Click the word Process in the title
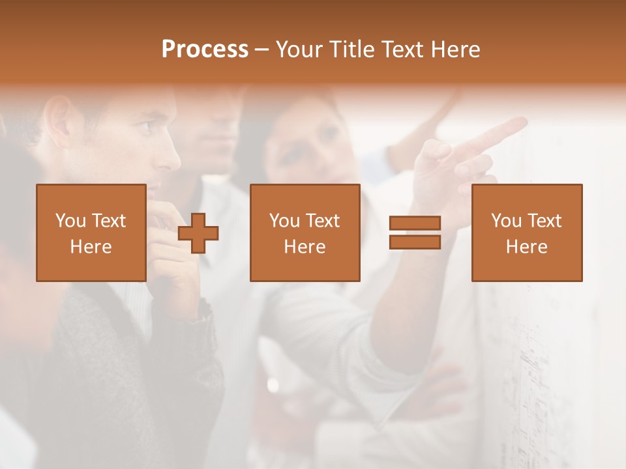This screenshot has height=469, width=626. (x=205, y=50)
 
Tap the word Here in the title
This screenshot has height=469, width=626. (x=454, y=50)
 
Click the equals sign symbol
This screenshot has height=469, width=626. (x=415, y=233)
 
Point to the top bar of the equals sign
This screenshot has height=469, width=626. (x=415, y=223)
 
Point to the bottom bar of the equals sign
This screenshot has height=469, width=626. (x=415, y=242)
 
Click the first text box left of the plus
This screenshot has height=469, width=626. (x=91, y=233)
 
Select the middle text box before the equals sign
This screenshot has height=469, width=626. (x=305, y=233)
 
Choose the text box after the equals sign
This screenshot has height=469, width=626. (x=526, y=233)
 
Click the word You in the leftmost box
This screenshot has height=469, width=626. (x=70, y=221)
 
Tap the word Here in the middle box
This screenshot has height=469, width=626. (x=305, y=247)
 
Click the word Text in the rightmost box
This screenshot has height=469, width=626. (x=544, y=221)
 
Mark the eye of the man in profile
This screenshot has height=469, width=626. (x=146, y=125)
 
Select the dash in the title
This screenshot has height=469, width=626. (x=262, y=50)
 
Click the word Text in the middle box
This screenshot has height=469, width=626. (x=323, y=221)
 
